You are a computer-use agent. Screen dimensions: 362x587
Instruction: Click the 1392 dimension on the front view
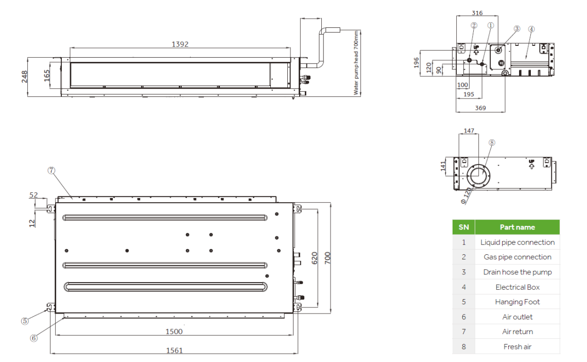coord(180,44)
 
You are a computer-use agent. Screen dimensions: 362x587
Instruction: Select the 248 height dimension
coord(24,77)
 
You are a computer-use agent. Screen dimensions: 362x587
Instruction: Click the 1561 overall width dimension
coord(174,350)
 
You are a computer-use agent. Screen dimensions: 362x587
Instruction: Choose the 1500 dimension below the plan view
coord(174,332)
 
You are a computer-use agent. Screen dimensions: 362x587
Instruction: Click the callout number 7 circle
coord(51,171)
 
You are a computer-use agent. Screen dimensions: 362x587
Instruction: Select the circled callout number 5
coord(25,321)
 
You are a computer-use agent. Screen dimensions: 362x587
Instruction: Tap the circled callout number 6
coord(34,338)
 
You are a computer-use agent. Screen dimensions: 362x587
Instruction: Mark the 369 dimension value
coord(480,108)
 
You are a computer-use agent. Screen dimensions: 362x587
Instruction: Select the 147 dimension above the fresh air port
coord(469,130)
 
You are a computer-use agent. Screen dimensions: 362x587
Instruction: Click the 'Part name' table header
coord(517,227)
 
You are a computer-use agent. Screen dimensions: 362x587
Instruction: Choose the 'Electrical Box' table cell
coord(517,287)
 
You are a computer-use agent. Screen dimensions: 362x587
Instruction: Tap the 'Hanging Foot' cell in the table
coord(517,302)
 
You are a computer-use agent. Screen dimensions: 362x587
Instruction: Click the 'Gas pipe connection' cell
coord(517,257)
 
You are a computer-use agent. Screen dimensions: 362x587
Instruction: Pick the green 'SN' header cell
coord(463,227)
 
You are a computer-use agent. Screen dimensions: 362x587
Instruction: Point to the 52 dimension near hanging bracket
coord(34,195)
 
